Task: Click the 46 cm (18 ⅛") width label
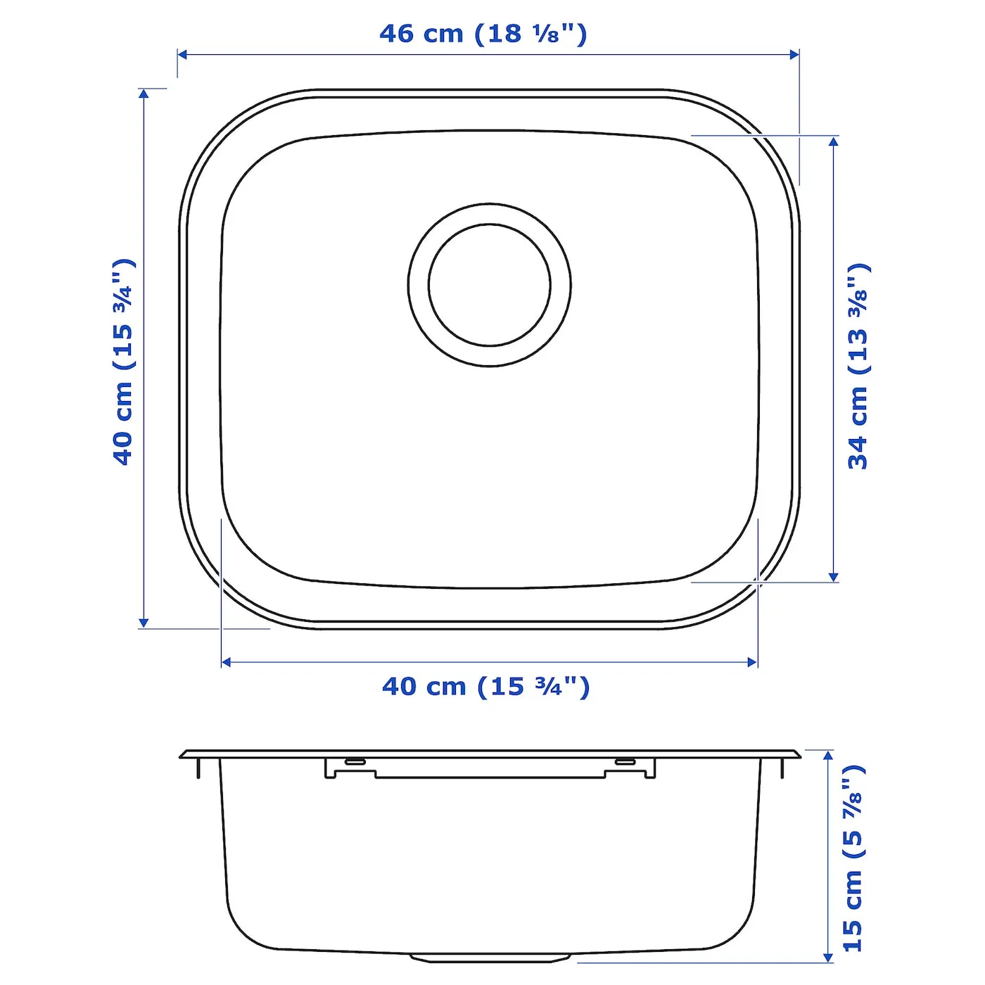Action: click(483, 34)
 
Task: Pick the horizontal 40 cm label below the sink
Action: click(485, 686)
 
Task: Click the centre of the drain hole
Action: click(489, 285)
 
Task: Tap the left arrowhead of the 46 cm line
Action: click(183, 55)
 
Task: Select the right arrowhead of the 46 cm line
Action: click(794, 55)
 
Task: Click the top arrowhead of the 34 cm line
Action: click(833, 141)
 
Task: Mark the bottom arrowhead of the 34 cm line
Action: click(833, 576)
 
